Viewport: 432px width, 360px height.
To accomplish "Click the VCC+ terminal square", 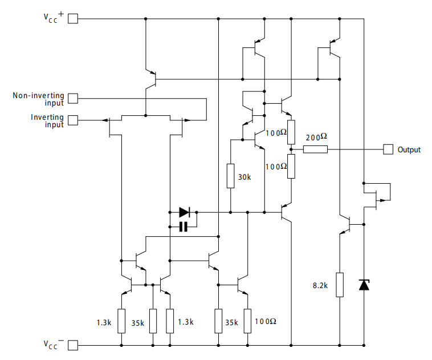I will pos(73,19).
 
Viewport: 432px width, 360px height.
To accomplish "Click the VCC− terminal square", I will pos(73,345).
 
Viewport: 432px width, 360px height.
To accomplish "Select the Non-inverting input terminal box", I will pos(73,99).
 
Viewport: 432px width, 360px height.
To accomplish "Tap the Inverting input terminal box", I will pos(73,120).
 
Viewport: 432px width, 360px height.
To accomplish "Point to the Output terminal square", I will pos(388,149).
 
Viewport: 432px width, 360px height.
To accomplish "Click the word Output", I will pos(409,150).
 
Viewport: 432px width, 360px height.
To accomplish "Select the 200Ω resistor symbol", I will pos(315,149).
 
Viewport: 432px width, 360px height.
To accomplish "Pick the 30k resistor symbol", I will pos(230,176).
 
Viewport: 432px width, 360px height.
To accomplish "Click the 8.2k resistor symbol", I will pos(340,285).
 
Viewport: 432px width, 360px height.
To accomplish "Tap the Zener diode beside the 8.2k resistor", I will pos(364,284).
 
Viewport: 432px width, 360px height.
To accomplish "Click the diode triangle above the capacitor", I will pos(184,212).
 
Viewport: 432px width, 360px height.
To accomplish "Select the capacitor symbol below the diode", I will pos(184,227).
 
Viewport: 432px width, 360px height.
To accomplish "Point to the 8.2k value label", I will pos(319,285).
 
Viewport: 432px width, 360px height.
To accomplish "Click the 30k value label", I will pos(244,177).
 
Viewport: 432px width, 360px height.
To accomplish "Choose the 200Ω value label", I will pos(316,137).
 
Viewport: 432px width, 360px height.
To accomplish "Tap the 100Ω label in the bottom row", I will pos(265,322).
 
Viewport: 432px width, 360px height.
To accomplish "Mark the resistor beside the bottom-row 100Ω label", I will pos(247,321).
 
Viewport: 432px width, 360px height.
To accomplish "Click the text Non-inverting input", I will pos(39,99).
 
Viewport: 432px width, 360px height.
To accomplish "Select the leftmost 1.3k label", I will pos(104,322).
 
